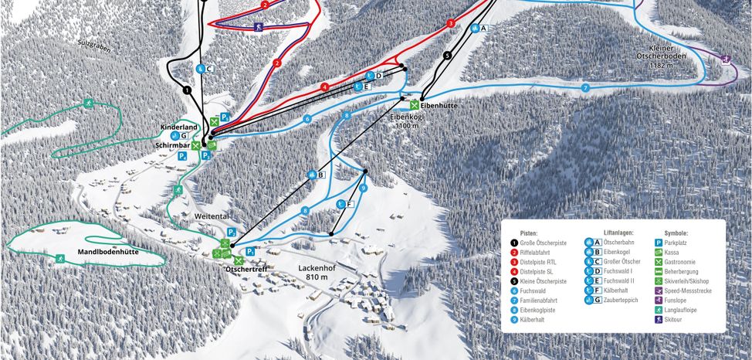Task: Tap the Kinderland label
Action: coord(179,127)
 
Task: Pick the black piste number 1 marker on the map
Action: coord(187,90)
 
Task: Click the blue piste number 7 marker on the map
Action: coord(585,89)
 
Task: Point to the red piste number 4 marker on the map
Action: coord(325,87)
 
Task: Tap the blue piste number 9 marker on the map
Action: coord(362,188)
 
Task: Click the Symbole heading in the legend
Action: coord(676,232)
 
